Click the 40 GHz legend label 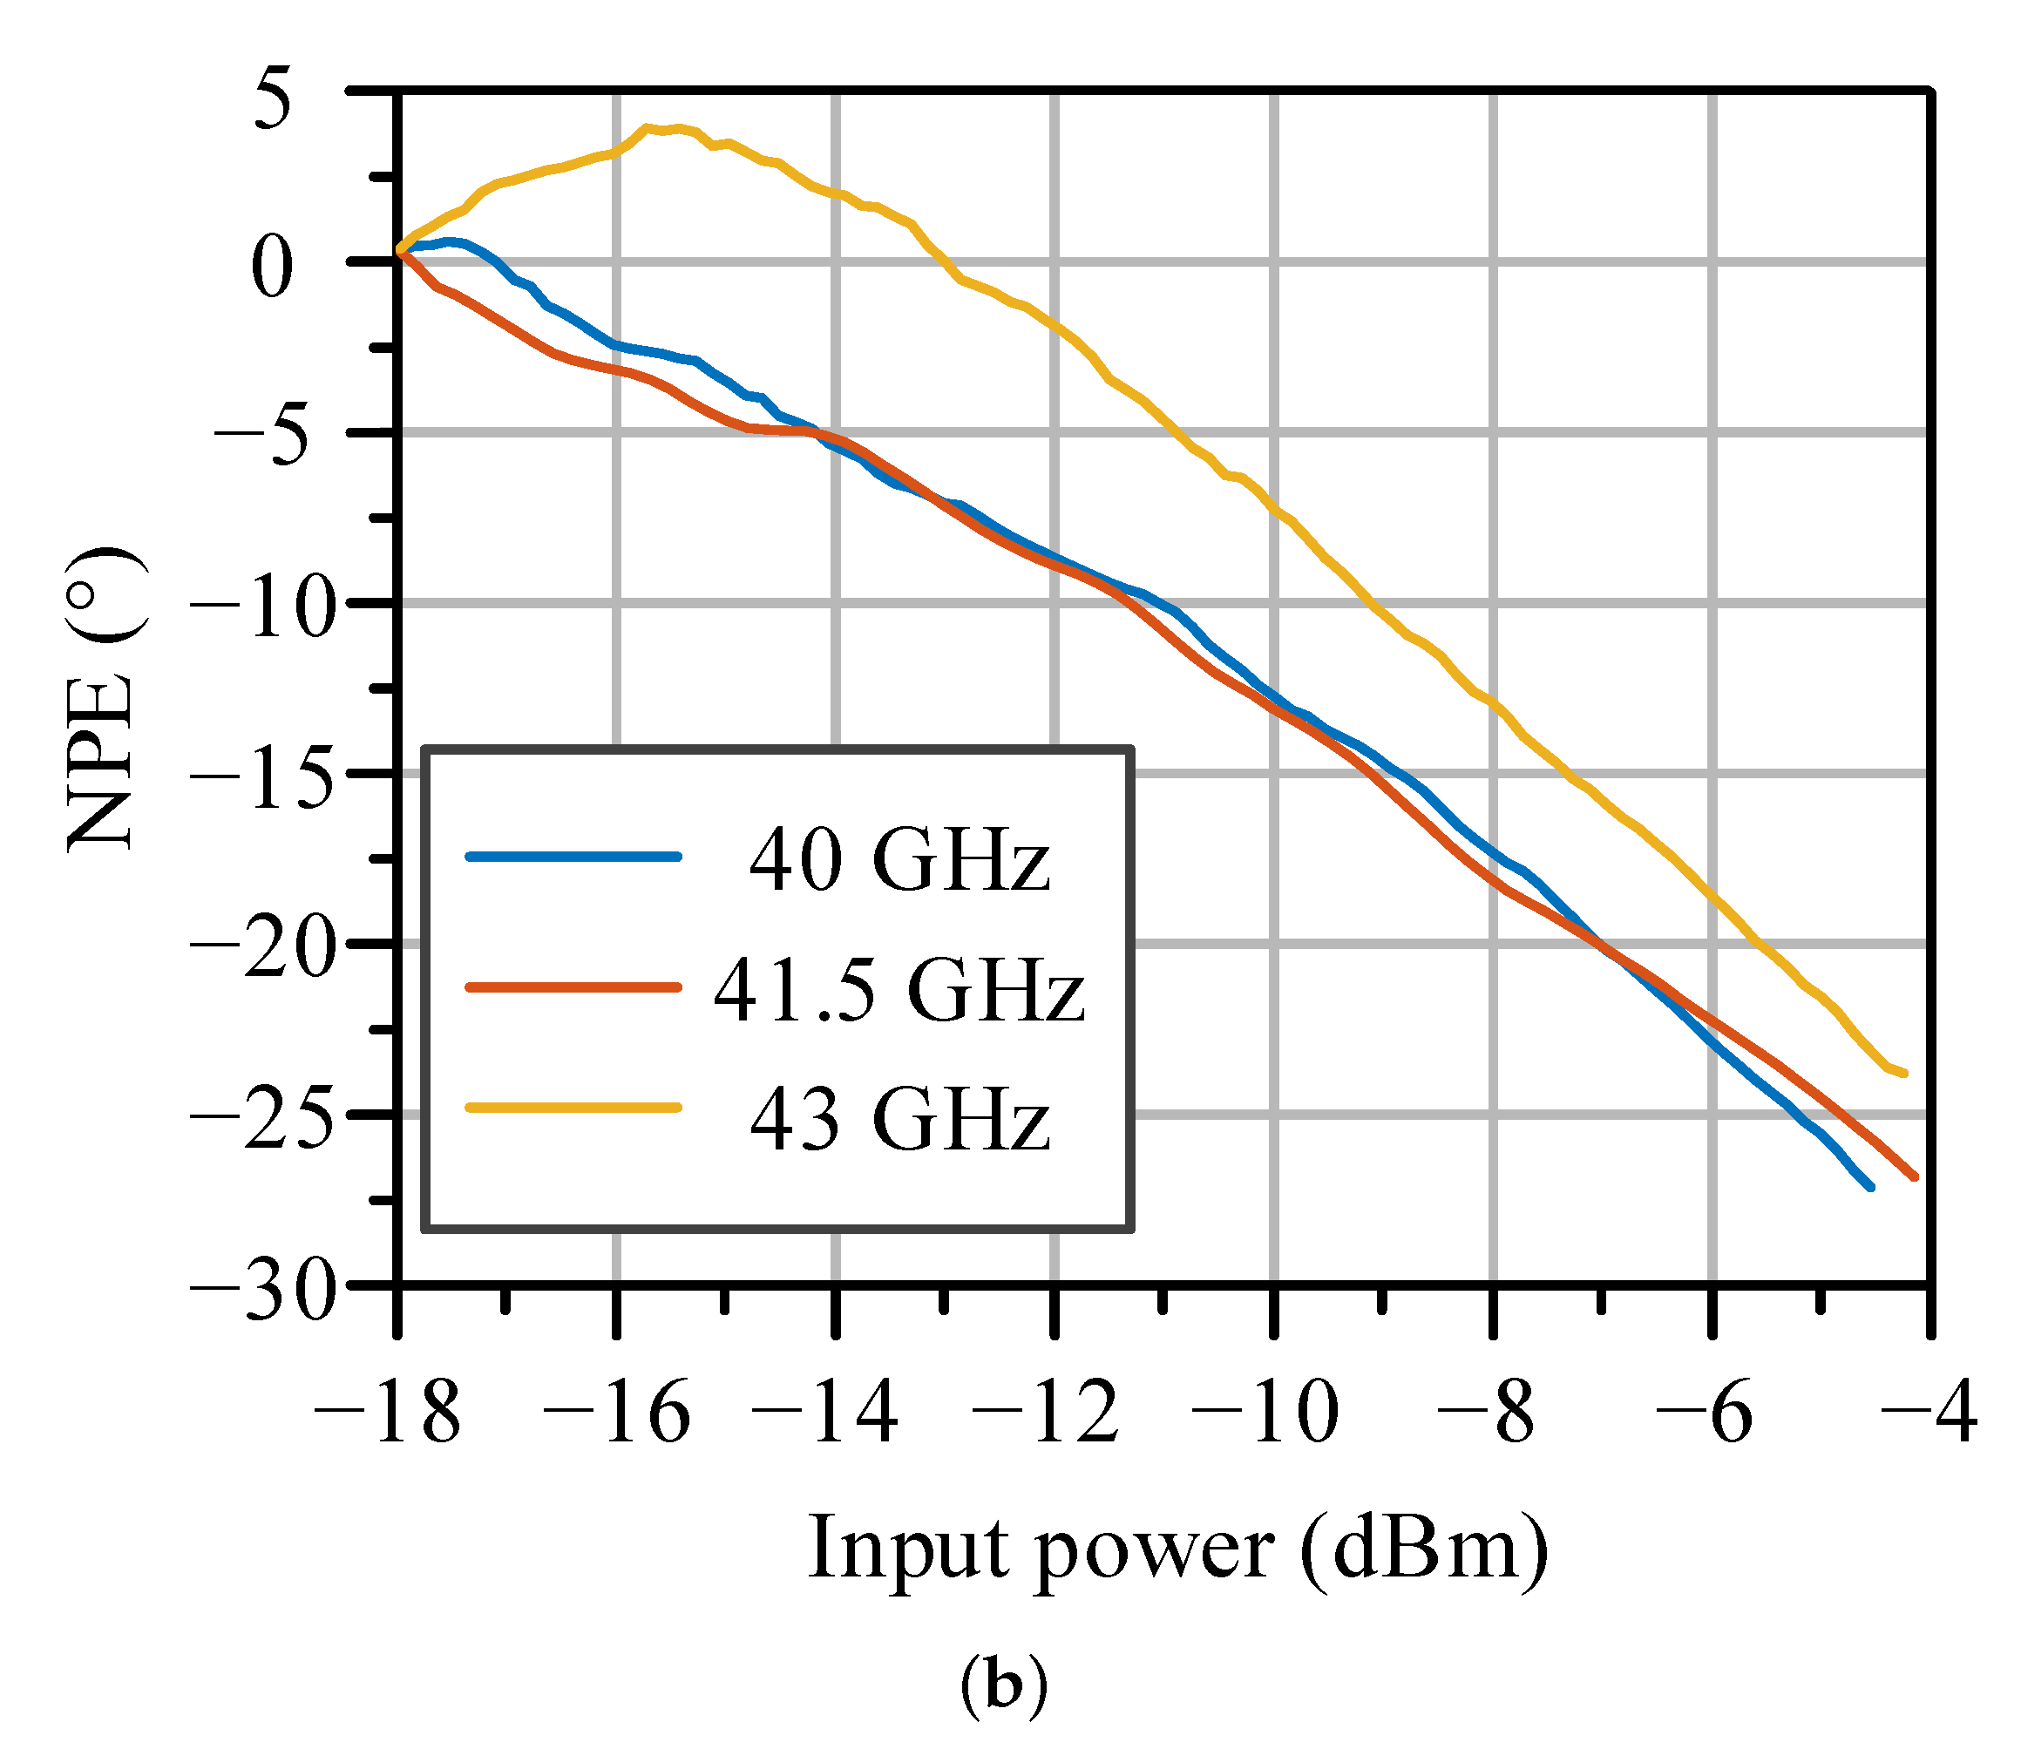coord(899,860)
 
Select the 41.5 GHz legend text coord(899,990)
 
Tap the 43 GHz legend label coord(899,1119)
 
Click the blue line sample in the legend coord(573,857)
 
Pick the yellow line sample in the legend coord(573,1108)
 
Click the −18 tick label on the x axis coord(386,1414)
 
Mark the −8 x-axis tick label coord(1484,1414)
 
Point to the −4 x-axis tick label coord(1926,1414)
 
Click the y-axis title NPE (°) coord(103,700)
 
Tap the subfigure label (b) coord(1003,1684)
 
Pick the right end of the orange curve coord(1913,1176)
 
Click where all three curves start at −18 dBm coord(400,253)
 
